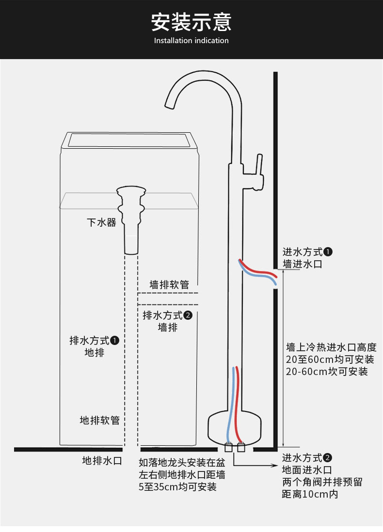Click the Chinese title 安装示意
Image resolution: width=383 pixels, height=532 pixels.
[x=191, y=22]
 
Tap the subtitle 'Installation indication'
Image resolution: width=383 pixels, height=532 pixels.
[x=191, y=40]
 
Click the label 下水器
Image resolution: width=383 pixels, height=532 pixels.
[x=101, y=222]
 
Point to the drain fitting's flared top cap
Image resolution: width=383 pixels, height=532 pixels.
[x=131, y=190]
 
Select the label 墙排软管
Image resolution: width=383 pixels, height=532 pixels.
[x=169, y=284]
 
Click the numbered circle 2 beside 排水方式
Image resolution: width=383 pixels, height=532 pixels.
[x=188, y=315]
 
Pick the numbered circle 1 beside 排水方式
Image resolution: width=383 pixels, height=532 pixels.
[x=115, y=340]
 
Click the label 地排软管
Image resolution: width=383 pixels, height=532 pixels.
[x=99, y=421]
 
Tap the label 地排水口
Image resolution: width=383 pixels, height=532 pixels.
[x=102, y=460]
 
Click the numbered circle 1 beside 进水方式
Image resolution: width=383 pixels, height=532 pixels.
[x=328, y=252]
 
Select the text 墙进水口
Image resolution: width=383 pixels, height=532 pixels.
[x=302, y=264]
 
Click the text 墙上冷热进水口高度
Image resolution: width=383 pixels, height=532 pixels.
[x=332, y=347]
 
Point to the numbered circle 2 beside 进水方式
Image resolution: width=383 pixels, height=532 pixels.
[x=327, y=458]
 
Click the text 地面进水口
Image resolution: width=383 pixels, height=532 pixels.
[x=307, y=470]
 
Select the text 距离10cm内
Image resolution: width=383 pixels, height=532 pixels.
[x=310, y=494]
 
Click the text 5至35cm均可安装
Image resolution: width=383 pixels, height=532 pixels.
[x=177, y=487]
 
